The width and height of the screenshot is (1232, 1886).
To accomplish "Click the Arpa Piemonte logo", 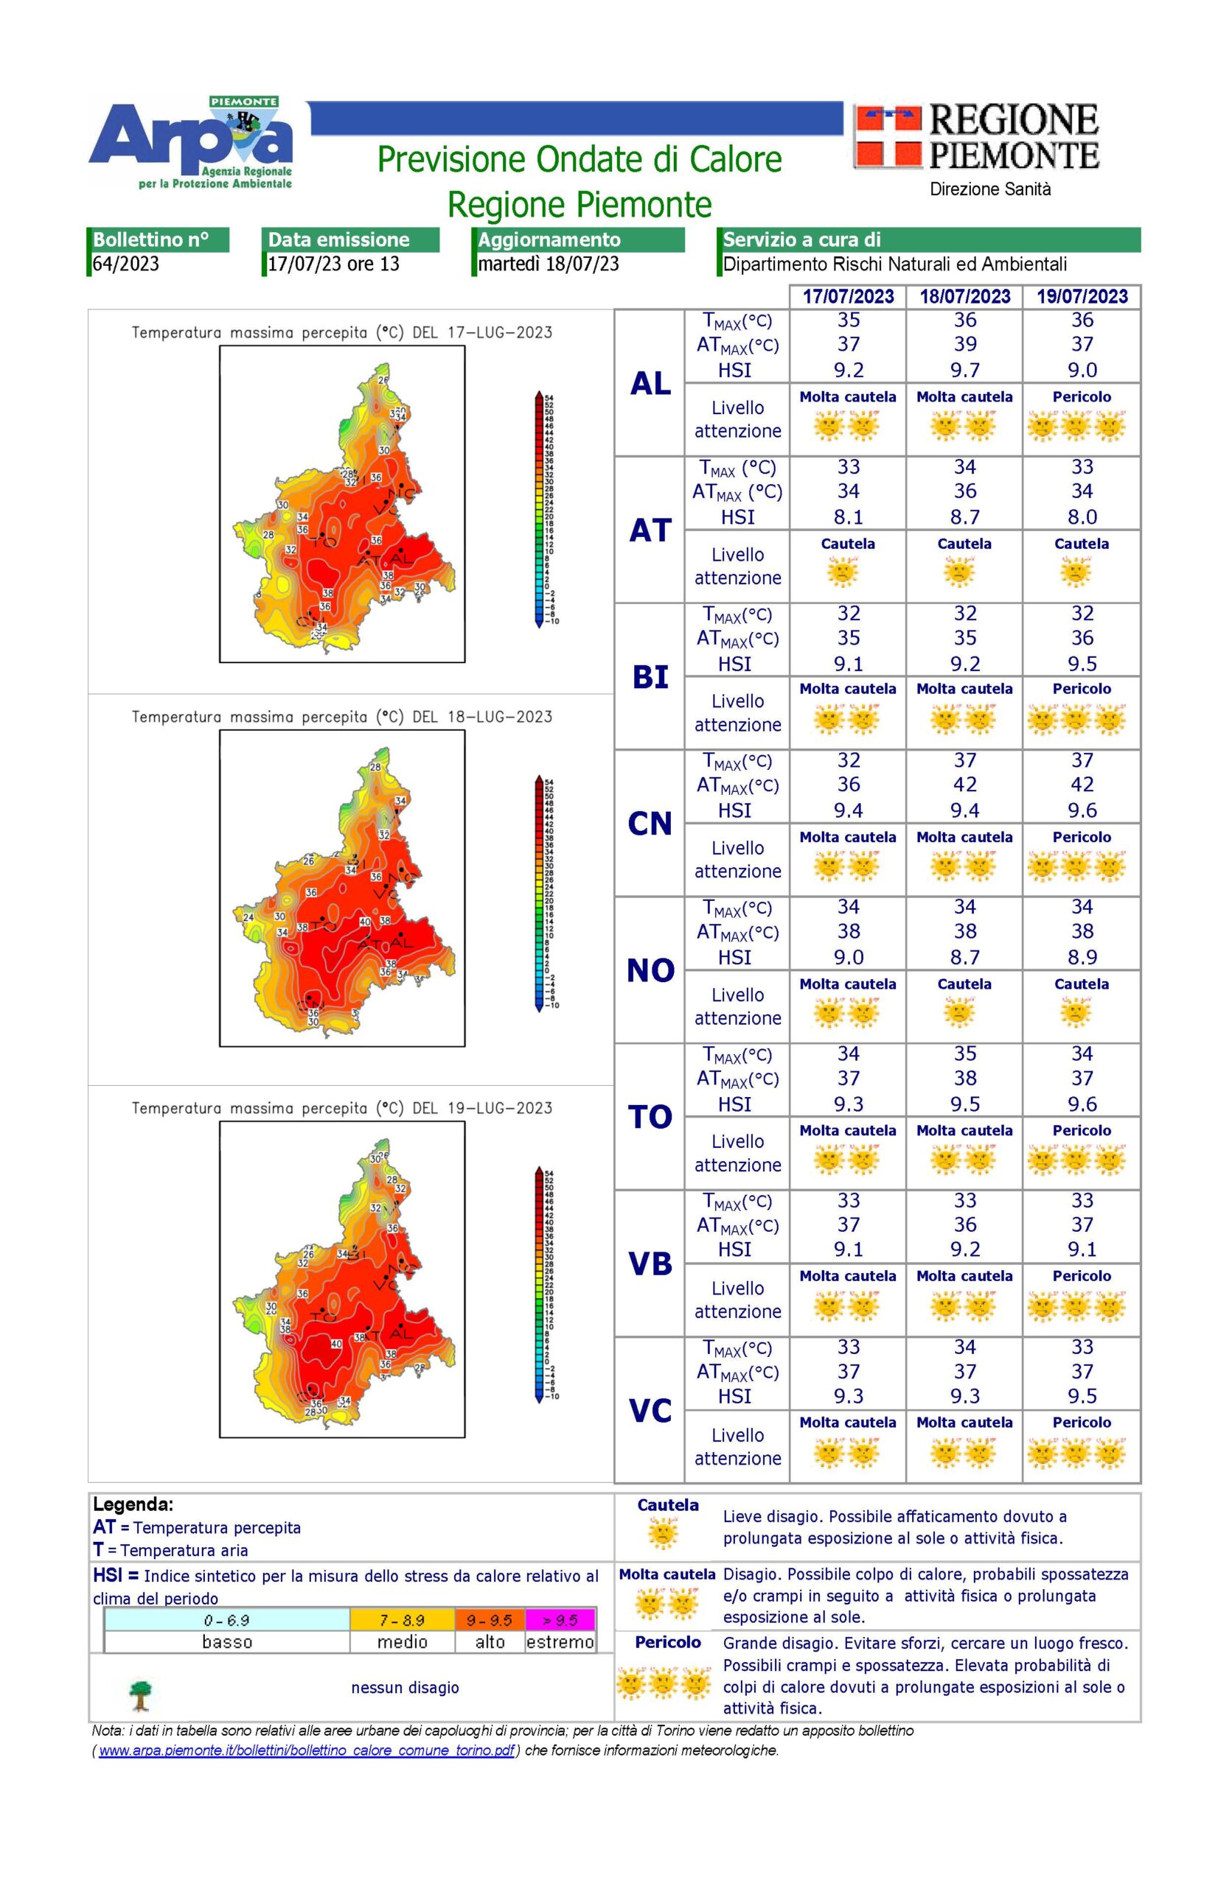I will click(x=191, y=143).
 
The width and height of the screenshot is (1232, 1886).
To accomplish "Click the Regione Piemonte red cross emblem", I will click(x=887, y=138).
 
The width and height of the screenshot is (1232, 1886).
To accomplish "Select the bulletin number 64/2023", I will click(x=126, y=264).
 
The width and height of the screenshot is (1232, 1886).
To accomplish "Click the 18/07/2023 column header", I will click(x=964, y=296).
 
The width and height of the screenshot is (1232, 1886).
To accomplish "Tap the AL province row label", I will click(x=650, y=384).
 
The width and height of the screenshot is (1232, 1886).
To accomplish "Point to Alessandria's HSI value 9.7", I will click(x=964, y=370).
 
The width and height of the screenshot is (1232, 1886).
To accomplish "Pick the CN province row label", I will click(x=650, y=824).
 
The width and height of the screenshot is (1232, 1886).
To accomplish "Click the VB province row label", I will click(x=650, y=1264).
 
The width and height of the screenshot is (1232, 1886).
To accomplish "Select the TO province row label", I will click(x=650, y=1118).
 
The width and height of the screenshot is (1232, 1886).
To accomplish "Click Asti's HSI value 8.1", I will click(x=847, y=516).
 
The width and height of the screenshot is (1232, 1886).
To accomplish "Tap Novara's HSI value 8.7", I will click(x=964, y=957).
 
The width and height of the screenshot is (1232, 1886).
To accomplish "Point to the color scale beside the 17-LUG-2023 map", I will click(x=539, y=508).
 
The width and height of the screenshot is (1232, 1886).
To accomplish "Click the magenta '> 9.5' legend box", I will click(x=560, y=1621).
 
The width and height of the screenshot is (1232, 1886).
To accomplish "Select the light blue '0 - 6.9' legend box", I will click(x=227, y=1621).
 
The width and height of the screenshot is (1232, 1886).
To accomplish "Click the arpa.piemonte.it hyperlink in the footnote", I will click(x=306, y=1750).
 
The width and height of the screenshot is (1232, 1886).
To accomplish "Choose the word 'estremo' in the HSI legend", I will click(x=560, y=1642).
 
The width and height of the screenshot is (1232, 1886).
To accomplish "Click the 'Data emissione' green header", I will click(x=349, y=239).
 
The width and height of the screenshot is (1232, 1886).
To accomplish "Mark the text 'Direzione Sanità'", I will click(x=989, y=189).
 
